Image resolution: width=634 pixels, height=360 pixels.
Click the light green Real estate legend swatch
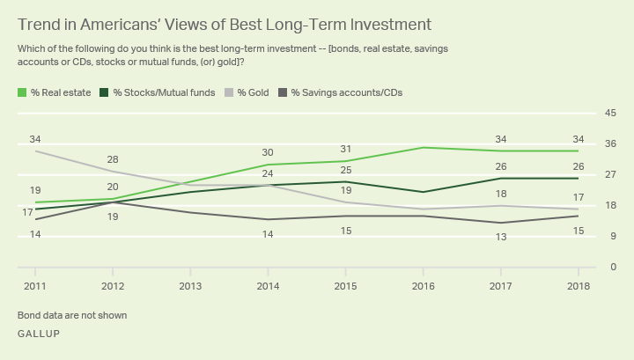coord(22,92)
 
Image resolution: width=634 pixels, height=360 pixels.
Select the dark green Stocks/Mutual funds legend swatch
coord(104,92)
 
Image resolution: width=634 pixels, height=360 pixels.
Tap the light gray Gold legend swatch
coord(229,92)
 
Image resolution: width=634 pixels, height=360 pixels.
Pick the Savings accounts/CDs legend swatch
coord(283,92)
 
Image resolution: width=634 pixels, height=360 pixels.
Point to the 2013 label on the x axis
coord(190,286)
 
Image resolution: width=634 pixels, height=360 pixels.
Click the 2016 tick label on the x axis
coord(424,286)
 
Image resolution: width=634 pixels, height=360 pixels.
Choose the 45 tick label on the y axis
coord(610,113)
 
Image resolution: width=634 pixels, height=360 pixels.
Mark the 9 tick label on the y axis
coord(614,236)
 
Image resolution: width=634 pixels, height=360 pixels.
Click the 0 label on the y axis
coord(614,267)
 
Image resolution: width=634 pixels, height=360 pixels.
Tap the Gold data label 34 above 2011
coord(35,139)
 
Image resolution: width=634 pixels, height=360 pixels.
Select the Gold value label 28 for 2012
coord(113,159)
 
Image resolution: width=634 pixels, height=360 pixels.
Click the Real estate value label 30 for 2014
coord(268,153)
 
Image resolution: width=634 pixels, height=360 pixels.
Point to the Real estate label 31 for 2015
coord(346,149)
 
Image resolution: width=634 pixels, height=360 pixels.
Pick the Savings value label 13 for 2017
coord(501,237)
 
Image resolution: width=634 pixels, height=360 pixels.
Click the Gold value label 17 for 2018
coord(579,197)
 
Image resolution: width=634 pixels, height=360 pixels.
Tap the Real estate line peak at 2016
coord(424,148)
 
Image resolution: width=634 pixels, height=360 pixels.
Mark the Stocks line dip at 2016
coord(424,192)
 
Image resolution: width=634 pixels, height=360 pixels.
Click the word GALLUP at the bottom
coord(39,334)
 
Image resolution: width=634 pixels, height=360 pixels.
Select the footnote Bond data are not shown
coord(72,315)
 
